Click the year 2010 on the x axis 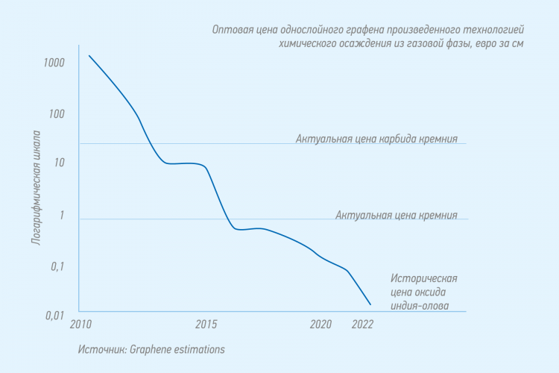(80, 325)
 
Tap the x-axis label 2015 (206, 325)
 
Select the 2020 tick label (320, 325)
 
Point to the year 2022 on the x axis (362, 325)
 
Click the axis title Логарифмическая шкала (36, 188)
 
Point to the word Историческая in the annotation (423, 278)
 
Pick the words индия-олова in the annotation (420, 305)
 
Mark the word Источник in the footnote (101, 348)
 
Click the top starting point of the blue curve (89, 55)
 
